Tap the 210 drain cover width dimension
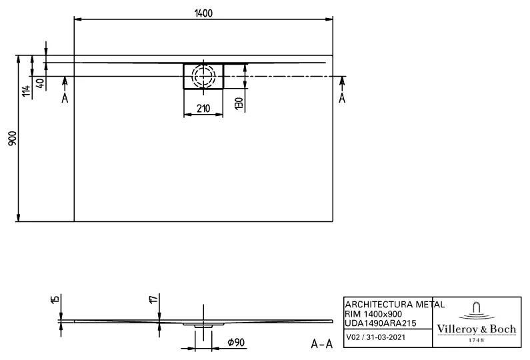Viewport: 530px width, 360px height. (x=203, y=108)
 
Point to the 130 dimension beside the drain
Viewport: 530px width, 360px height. (x=237, y=103)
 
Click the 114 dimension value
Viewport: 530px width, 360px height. (x=26, y=91)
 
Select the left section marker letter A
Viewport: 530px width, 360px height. (x=64, y=98)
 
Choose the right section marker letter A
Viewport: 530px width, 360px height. (x=342, y=98)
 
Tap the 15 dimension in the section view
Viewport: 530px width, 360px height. (x=55, y=301)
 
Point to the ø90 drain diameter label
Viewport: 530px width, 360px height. (x=234, y=343)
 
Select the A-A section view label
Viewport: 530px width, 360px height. (x=322, y=344)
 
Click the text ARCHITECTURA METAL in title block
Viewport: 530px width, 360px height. (x=394, y=304)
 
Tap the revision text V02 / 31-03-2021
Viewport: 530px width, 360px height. (x=375, y=338)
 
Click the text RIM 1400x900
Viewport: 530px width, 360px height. (x=373, y=313)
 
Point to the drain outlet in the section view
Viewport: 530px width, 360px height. (x=203, y=326)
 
